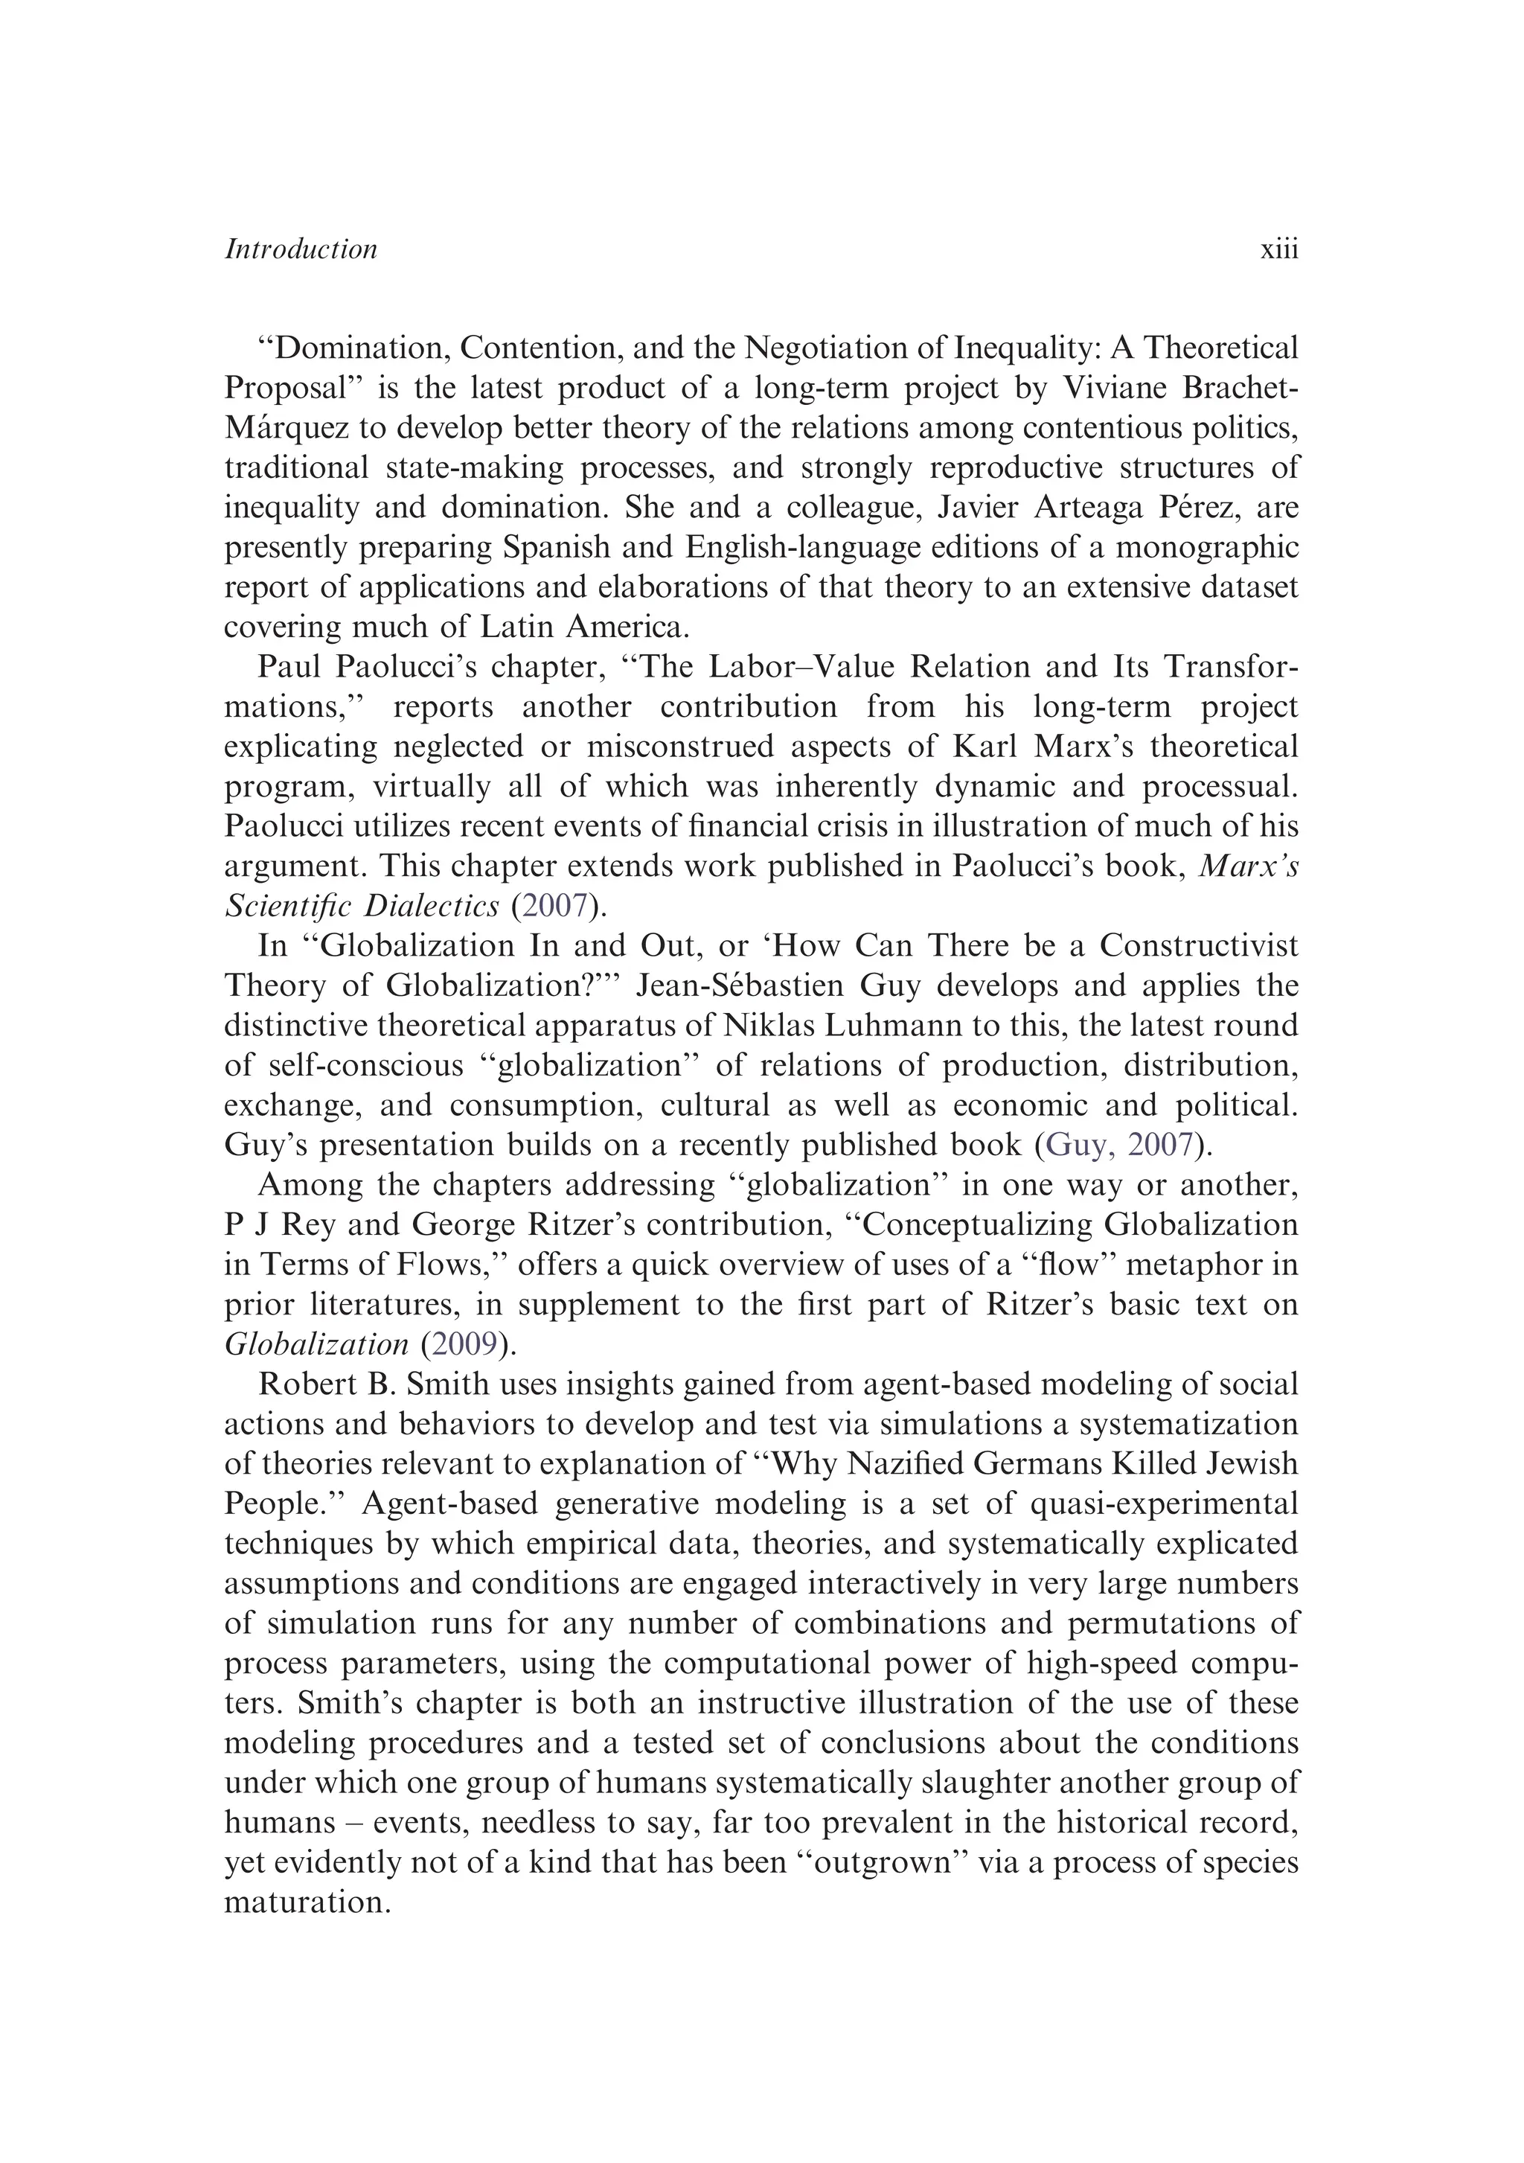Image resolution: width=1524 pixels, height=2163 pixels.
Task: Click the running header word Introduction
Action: pos(301,249)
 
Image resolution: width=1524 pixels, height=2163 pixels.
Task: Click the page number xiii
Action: pos(1278,249)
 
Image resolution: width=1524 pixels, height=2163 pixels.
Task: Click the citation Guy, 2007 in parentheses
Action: pos(1120,1145)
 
